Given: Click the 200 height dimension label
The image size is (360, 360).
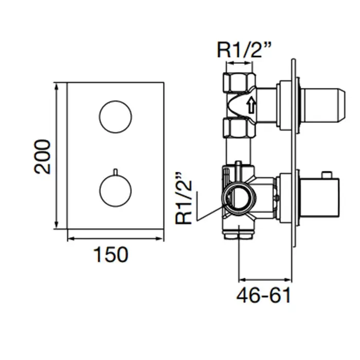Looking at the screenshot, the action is pyautogui.click(x=42, y=156).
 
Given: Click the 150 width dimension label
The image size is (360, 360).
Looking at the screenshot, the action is pyautogui.click(x=111, y=255).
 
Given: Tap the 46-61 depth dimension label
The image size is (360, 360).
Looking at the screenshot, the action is pyautogui.click(x=263, y=295).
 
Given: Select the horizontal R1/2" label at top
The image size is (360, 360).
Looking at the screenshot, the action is pyautogui.click(x=244, y=50).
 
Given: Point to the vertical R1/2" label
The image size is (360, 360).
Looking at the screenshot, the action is pyautogui.click(x=183, y=198).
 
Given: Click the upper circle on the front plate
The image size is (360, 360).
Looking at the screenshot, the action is pyautogui.click(x=116, y=117).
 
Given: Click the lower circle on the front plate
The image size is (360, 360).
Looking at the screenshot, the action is pyautogui.click(x=116, y=191).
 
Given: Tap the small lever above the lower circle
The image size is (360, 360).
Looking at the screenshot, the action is pyautogui.click(x=116, y=172).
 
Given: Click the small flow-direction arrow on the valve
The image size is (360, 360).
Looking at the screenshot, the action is pyautogui.click(x=251, y=105).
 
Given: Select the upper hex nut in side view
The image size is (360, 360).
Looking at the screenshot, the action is pyautogui.click(x=239, y=83).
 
